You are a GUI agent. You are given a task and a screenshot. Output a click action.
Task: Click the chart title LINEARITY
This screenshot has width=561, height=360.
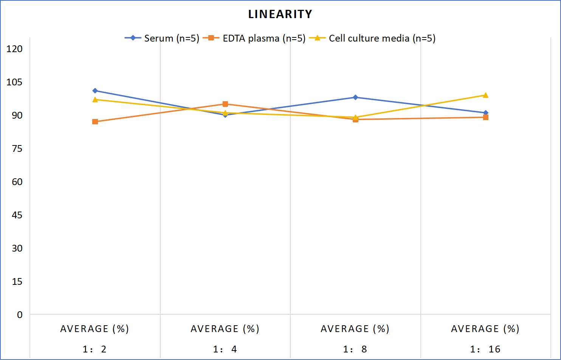click(280, 14)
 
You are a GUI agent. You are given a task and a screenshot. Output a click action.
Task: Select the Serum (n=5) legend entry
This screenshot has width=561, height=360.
click(162, 38)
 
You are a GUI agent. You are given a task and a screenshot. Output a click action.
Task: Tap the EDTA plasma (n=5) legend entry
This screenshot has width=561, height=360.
click(254, 38)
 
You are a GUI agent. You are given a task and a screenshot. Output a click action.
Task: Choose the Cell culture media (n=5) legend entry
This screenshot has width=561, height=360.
click(372, 38)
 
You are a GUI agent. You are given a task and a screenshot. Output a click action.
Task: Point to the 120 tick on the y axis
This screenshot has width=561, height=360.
click(14, 49)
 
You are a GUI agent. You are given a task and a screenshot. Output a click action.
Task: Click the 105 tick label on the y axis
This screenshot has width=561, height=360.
click(14, 82)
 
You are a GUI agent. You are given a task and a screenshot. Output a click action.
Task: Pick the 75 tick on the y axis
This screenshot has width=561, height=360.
click(17, 149)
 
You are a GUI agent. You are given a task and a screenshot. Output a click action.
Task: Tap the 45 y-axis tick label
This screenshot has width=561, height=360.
click(17, 215)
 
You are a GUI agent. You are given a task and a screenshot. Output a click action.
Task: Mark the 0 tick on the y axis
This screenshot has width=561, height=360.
click(20, 315)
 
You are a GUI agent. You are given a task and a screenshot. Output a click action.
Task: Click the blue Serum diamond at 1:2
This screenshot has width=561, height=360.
click(95, 91)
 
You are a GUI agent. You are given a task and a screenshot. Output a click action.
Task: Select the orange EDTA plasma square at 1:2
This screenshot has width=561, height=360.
click(95, 122)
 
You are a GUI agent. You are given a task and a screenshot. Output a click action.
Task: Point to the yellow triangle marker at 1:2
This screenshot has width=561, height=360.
click(95, 99)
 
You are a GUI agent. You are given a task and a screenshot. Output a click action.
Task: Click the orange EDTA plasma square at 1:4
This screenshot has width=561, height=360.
click(225, 104)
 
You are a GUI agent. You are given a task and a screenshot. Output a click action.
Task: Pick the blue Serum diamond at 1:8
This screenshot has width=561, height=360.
click(355, 97)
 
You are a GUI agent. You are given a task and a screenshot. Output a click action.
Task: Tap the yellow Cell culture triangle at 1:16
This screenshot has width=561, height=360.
click(486, 95)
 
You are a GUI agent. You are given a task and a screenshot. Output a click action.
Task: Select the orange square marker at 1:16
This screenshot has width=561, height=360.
click(486, 117)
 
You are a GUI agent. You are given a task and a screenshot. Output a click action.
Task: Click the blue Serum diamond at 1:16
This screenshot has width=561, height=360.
click(486, 113)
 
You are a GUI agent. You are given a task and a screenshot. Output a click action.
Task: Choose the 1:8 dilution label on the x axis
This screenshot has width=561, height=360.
click(355, 349)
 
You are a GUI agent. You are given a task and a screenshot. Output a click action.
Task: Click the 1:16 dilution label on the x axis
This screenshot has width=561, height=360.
click(485, 349)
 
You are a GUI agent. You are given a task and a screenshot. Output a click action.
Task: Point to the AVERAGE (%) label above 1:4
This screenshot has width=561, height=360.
click(225, 329)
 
